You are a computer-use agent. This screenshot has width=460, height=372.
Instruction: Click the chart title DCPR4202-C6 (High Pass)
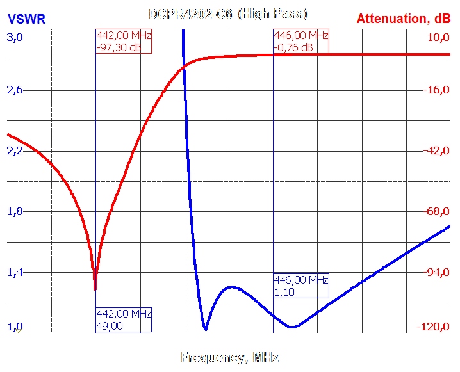[228, 13]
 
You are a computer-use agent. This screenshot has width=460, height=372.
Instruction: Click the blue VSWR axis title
[26, 19]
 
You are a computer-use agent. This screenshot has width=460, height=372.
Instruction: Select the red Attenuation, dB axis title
[403, 19]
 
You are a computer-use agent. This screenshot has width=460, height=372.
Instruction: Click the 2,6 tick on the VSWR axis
[15, 90]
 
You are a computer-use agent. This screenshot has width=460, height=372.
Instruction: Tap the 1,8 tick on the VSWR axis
[15, 211]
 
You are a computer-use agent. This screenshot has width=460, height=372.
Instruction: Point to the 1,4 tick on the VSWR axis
[15, 273]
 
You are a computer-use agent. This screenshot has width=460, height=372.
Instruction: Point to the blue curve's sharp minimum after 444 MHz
[205, 328]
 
